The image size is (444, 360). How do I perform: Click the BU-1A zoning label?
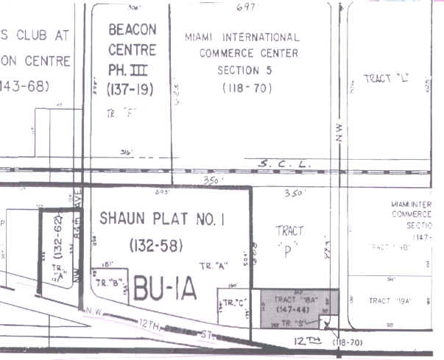tap(165, 289)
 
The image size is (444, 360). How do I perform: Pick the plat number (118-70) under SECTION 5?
tap(247, 88)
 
